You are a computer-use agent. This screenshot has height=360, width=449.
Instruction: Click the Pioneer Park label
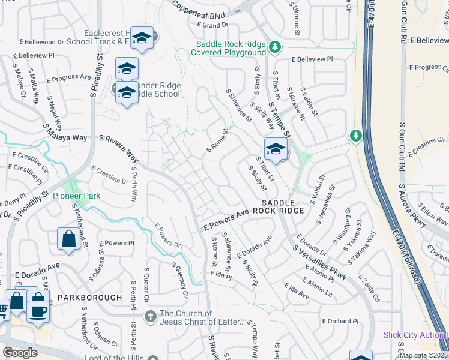[76, 196]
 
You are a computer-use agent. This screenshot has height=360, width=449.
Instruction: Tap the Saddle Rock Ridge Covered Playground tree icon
[274, 46]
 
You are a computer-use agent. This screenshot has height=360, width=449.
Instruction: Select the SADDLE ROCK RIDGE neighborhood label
[278, 207]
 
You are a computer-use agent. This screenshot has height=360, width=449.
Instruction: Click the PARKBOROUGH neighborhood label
[81, 297]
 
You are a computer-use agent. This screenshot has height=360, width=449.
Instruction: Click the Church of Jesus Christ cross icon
[150, 315]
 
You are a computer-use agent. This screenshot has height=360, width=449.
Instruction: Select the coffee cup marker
[38, 311]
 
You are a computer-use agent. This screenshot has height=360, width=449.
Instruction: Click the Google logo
[20, 353]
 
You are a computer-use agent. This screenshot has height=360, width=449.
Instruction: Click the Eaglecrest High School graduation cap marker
[142, 38]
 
